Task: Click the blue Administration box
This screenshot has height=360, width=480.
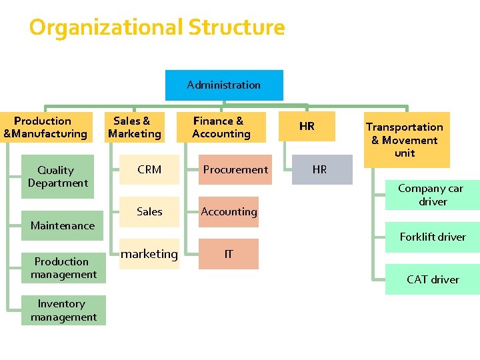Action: pyautogui.click(x=224, y=85)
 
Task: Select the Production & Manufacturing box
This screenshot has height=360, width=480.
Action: pyautogui.click(x=45, y=127)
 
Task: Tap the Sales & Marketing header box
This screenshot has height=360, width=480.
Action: pyautogui.click(x=135, y=127)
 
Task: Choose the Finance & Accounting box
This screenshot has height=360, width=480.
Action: pyautogui.click(x=221, y=127)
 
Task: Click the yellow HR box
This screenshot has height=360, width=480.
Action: pyautogui.click(x=307, y=127)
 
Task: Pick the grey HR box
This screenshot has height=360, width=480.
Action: pyautogui.click(x=320, y=169)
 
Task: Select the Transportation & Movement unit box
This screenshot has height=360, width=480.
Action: pyautogui.click(x=404, y=140)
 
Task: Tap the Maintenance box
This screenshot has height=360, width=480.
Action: pyautogui.click(x=63, y=225)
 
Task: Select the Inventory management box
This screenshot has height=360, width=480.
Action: pyautogui.click(x=63, y=311)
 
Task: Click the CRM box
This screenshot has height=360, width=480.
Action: pyautogui.click(x=149, y=169)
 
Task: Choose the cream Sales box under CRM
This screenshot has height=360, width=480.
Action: pyautogui.click(x=149, y=212)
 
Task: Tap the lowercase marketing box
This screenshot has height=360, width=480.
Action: pyautogui.click(x=149, y=254)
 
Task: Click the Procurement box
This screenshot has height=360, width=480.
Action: pyautogui.click(x=235, y=169)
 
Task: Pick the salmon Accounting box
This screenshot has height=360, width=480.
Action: pyautogui.click(x=229, y=212)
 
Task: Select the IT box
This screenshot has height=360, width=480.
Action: pyautogui.click(x=229, y=254)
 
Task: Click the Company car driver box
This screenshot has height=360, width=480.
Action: pyautogui.click(x=433, y=195)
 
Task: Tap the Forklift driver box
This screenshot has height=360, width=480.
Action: pyautogui.click(x=433, y=237)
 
